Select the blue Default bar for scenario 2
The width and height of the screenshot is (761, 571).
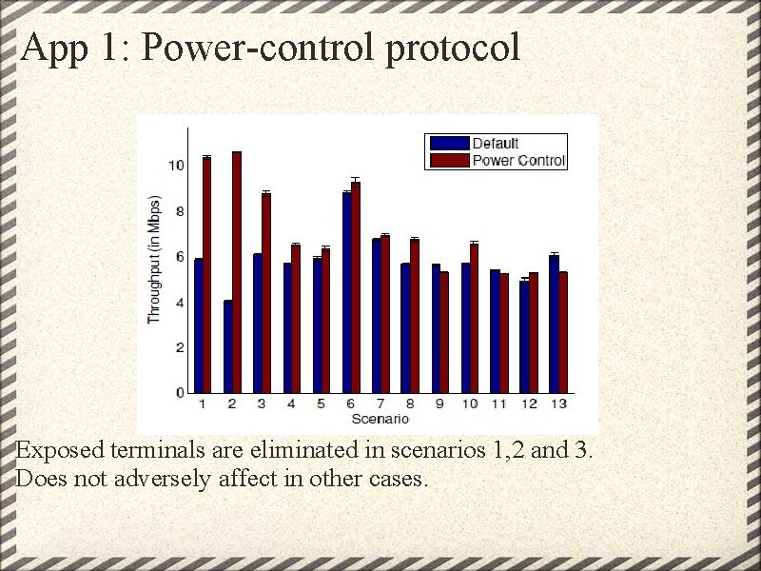228,346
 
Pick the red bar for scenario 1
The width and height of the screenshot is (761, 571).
207,275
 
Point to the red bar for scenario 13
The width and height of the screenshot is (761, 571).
563,332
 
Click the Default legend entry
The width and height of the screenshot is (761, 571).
496,144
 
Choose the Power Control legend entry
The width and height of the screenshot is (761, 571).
518,161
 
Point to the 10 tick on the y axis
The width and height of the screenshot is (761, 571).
177,166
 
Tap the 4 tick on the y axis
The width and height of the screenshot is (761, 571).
180,303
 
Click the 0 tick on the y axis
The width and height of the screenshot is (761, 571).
180,392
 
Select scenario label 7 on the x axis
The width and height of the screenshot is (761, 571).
379,404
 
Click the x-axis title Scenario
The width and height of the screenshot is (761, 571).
380,419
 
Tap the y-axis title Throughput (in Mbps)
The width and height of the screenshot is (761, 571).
154,260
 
